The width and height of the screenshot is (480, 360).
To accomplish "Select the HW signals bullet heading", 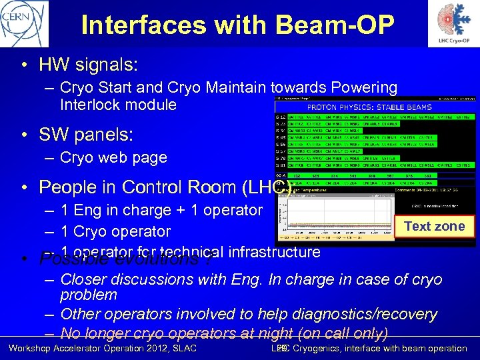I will pos(88,65).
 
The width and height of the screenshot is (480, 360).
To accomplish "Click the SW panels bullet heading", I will pos(86,135).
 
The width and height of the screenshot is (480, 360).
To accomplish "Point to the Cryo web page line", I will pos(113,157).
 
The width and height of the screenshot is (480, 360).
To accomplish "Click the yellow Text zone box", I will pos(435,227).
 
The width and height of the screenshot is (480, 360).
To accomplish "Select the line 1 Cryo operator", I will pos(115,231).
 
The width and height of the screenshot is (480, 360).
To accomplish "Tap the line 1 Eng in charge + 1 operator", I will pos(161,211).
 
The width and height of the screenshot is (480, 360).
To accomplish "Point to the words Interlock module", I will pos(118,105).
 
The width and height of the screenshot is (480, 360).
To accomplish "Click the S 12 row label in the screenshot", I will pos(281,116).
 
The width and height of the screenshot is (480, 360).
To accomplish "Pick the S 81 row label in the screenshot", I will pos(281,165).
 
